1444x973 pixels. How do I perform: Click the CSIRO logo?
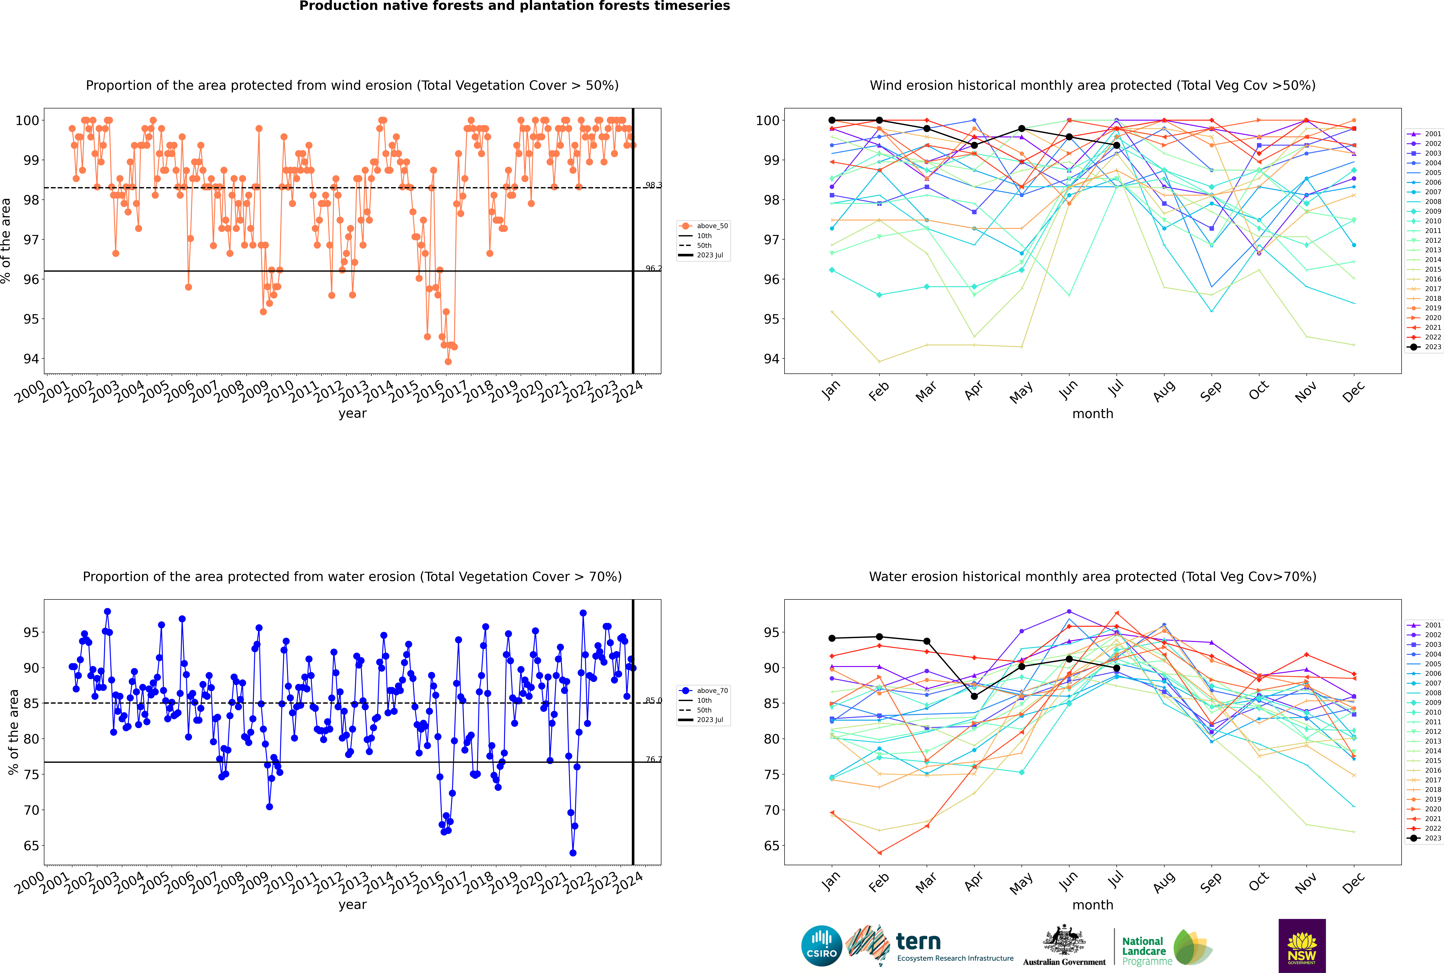(821, 946)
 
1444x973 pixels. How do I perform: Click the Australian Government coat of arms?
(1064, 941)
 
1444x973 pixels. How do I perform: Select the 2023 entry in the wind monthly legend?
(1426, 347)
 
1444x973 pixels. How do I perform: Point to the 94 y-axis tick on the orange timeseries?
(31, 359)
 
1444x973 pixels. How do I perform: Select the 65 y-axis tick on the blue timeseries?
(31, 846)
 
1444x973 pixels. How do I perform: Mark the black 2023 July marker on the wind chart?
(1116, 145)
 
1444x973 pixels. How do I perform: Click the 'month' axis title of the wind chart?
(1093, 414)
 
